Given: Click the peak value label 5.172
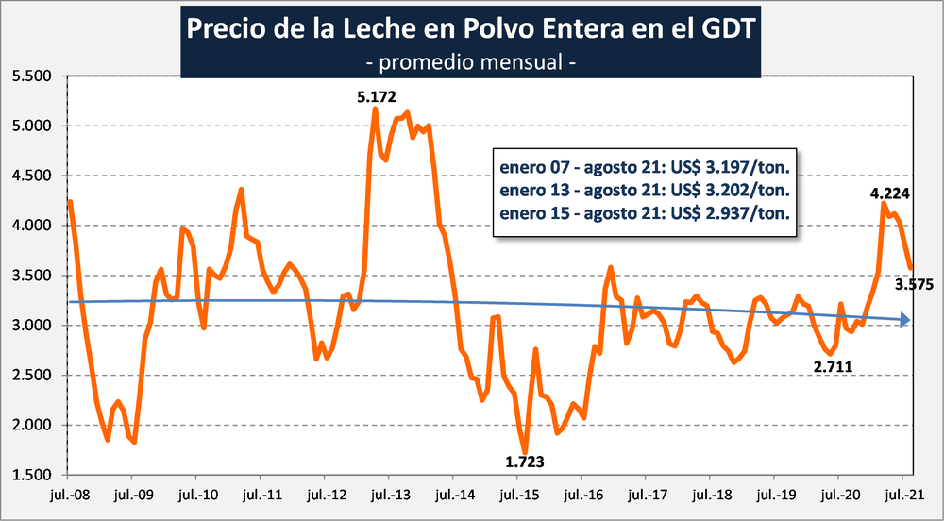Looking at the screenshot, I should (376, 95).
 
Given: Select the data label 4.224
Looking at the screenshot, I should (889, 193).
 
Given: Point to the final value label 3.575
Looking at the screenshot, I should (915, 284).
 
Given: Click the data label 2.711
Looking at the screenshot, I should (834, 363).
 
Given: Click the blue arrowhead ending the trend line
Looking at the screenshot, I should (903, 321).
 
